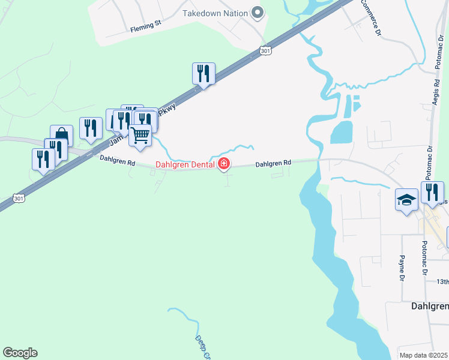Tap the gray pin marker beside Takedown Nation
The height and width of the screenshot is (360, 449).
pos(258,12)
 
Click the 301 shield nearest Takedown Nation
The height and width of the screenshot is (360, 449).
pos(266,52)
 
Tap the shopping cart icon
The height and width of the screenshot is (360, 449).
pos(140,136)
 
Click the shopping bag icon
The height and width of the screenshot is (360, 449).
pos(62,136)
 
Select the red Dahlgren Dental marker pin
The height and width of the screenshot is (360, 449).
pos(224,163)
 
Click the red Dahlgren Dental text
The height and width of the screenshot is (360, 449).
pos(185,164)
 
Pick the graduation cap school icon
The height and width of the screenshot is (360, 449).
pos(406,199)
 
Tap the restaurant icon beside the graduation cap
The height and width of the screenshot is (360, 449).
pos(432,192)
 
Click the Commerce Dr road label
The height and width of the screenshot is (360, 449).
pos(370,17)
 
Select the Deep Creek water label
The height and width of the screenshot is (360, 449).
pos(203,347)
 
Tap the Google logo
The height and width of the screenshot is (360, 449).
pos(20,353)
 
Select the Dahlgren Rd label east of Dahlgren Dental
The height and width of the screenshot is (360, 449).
pos(273,163)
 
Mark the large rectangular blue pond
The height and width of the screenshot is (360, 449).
pos(341,132)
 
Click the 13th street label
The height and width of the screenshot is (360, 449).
pos(442,281)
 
